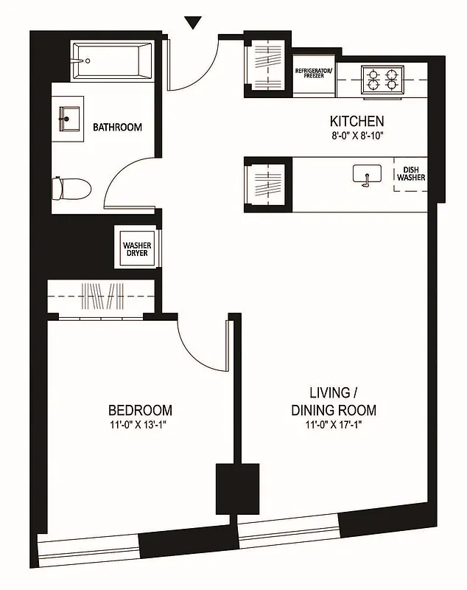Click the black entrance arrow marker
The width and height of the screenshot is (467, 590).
193,23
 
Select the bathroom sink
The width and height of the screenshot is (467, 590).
71,118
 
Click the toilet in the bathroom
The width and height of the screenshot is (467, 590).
71,187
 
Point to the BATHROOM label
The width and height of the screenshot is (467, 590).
117,128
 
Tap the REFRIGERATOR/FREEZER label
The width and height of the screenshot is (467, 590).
315,72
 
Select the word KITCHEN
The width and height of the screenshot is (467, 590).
357,121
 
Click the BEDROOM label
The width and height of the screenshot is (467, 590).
140,410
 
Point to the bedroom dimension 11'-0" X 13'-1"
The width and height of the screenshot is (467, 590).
140,425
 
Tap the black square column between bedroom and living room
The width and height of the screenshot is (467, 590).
237,488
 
